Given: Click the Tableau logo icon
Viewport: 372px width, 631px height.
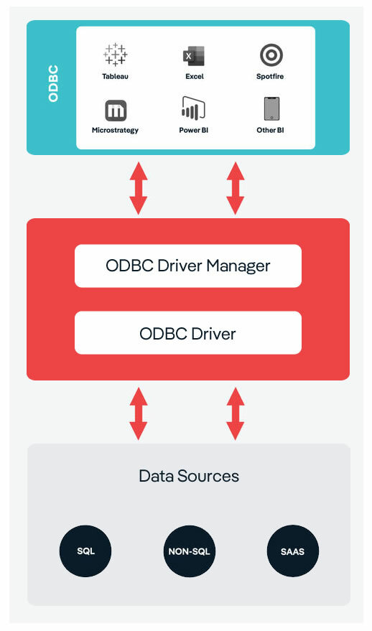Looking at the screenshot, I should [x=115, y=55].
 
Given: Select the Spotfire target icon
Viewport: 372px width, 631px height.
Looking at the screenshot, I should [x=271, y=55].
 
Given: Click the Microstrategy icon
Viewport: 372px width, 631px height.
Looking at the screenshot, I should [x=115, y=111].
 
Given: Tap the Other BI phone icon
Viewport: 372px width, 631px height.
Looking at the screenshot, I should [x=271, y=110].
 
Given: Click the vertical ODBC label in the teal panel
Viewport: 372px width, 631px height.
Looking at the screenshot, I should [x=53, y=85].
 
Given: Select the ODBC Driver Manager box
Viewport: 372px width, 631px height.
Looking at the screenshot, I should [x=187, y=266].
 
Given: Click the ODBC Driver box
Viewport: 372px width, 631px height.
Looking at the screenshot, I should [x=187, y=333].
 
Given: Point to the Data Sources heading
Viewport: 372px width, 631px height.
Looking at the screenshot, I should [x=188, y=476].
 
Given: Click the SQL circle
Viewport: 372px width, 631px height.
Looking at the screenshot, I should [x=85, y=551].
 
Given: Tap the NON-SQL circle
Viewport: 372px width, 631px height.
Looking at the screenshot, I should [x=189, y=551].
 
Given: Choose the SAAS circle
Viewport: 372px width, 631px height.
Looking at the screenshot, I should [x=292, y=551].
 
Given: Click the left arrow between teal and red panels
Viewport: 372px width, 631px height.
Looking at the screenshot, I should [x=139, y=188].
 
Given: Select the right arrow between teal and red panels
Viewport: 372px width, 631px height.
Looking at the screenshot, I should [x=235, y=188].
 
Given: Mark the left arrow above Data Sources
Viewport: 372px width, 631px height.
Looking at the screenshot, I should [x=139, y=413].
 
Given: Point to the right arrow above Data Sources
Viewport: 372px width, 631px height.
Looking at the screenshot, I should [x=235, y=413].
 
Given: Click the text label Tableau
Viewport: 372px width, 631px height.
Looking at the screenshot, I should [x=115, y=75].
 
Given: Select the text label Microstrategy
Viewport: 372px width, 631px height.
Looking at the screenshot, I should [x=115, y=131].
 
